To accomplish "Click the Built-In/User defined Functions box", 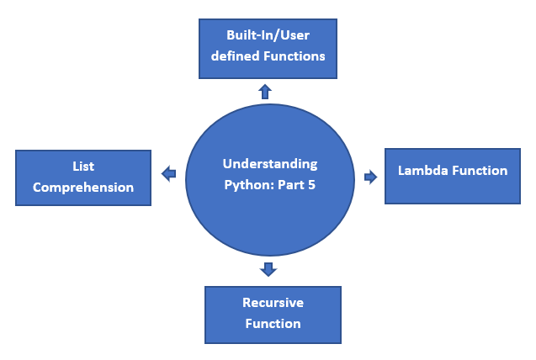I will coord(268,47).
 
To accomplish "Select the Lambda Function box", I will coord(453,175).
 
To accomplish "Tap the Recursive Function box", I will coord(273,314).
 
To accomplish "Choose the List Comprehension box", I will coord(83,177).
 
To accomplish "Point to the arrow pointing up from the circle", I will coord(265,91).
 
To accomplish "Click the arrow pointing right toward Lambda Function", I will coord(371,177).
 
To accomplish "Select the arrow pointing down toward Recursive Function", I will coord(268,269).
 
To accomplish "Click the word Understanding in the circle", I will coord(269,163).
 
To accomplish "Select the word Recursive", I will coord(273,303).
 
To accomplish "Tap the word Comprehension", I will coord(83,188).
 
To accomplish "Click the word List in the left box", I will coord(83,167).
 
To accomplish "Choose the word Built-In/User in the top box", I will coord(267,36).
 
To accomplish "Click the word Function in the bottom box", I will coord(273,323).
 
